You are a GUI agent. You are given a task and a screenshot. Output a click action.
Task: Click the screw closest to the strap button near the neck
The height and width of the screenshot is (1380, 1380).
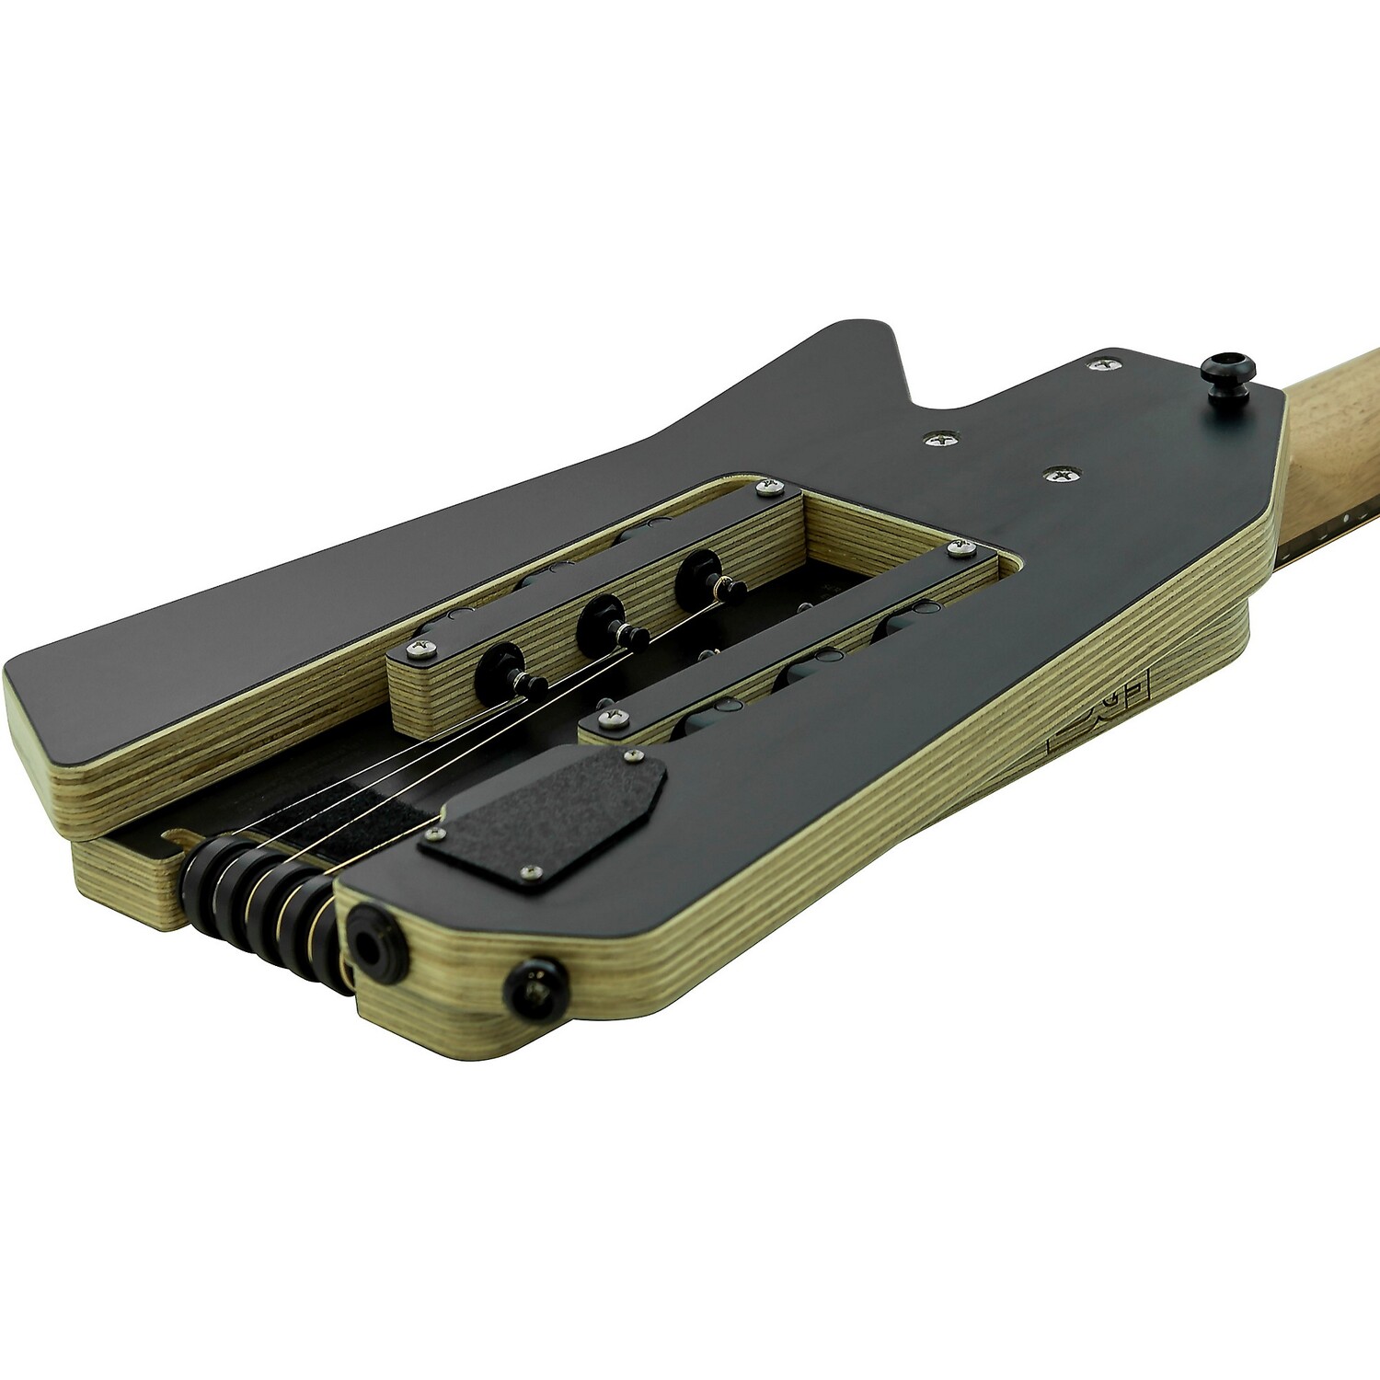click(1098, 365)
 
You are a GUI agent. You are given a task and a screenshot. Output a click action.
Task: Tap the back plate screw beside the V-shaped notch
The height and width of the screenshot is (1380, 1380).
click(939, 441)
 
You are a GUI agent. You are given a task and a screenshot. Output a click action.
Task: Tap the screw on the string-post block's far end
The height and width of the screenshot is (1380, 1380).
click(763, 485)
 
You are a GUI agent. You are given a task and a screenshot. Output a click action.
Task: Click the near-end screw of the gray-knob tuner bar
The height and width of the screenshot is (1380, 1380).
click(607, 714)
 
